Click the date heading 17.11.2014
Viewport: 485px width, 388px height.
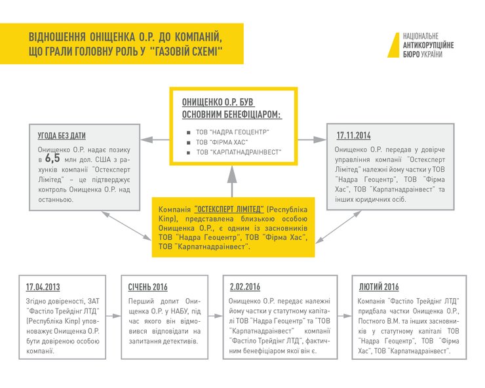click(354, 136)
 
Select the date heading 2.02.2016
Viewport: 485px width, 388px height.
click(245, 287)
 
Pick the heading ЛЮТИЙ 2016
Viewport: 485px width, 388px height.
click(379, 287)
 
